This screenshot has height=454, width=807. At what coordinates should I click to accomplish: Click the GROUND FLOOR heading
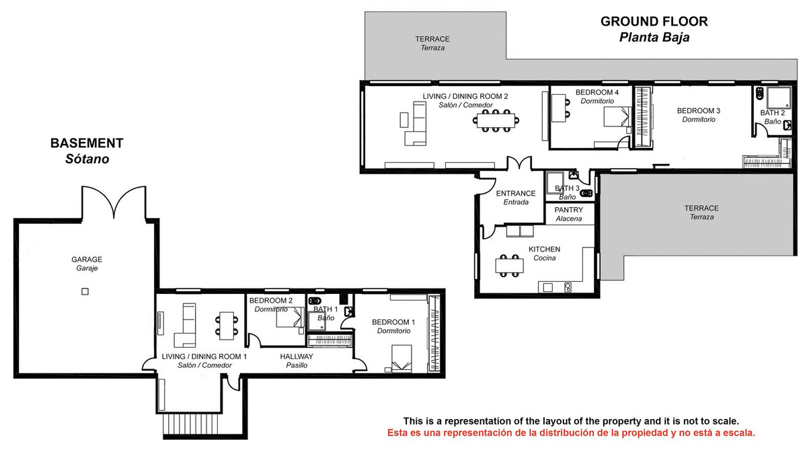(654, 22)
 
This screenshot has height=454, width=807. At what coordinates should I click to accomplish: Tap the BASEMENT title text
(87, 143)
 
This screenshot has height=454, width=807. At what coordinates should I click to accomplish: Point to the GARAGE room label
(87, 260)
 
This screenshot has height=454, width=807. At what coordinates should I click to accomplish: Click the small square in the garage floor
(85, 291)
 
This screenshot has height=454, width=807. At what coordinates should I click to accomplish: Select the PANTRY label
(568, 210)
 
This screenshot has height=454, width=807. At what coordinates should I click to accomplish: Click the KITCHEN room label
(544, 249)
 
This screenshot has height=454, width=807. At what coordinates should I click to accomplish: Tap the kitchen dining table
(510, 266)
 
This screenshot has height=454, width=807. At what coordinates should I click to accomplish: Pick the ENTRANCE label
(516, 194)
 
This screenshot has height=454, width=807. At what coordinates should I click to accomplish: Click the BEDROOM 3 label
(699, 110)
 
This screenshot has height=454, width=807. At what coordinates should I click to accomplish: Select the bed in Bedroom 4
(617, 116)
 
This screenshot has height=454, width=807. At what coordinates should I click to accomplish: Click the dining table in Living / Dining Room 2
(496, 120)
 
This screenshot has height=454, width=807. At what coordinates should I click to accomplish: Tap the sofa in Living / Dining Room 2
(416, 124)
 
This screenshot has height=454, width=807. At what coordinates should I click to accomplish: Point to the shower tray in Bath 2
(779, 98)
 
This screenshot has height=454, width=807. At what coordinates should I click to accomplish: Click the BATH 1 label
(325, 309)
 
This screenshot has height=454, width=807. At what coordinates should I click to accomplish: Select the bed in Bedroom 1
(401, 358)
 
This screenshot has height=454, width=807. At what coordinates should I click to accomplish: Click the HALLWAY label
(297, 356)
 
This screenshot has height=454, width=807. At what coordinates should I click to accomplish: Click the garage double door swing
(114, 202)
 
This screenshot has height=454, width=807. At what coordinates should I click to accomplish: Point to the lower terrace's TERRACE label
(701, 209)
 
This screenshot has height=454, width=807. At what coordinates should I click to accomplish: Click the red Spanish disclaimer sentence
(571, 432)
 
